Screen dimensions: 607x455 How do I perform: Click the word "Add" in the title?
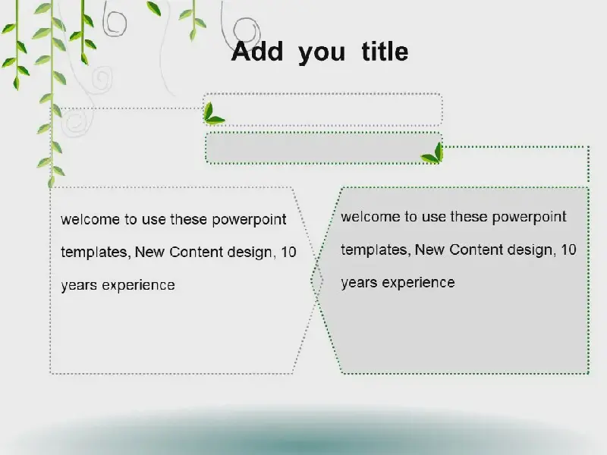click(x=257, y=52)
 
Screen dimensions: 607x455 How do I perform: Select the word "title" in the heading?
click(x=385, y=52)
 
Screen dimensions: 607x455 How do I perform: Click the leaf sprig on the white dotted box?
click(x=213, y=114)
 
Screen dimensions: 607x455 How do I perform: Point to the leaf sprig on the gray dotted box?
click(x=432, y=153)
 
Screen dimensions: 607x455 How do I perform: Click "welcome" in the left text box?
click(x=90, y=219)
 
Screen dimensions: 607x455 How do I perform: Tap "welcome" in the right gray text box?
click(x=370, y=217)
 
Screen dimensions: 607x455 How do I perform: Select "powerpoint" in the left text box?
click(x=249, y=220)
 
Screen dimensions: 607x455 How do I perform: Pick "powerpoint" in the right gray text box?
click(x=529, y=218)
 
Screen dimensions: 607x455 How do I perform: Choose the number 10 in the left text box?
click(x=288, y=253)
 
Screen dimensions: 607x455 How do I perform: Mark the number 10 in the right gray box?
click(x=568, y=250)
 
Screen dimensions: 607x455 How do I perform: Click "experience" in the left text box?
click(x=138, y=286)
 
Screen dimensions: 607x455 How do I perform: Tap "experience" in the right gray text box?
click(x=419, y=283)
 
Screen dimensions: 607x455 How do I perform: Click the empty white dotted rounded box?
click(x=323, y=109)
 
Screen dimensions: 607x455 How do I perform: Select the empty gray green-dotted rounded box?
click(x=324, y=148)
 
